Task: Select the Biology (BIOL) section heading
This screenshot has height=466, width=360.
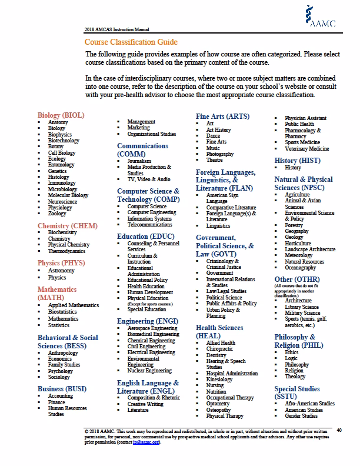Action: (61, 115)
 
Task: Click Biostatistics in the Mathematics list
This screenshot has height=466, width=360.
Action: (64, 311)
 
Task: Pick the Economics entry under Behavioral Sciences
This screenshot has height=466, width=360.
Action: (61, 358)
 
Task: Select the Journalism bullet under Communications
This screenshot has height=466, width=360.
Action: (139, 161)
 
